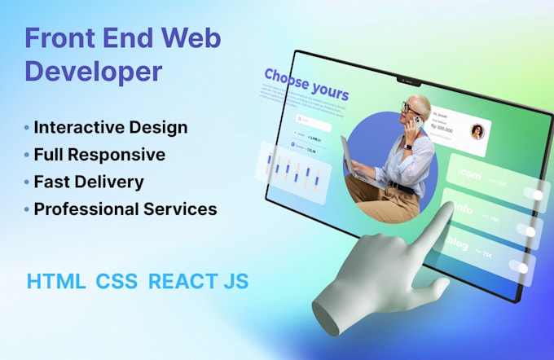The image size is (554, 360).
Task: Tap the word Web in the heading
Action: pos(188,38)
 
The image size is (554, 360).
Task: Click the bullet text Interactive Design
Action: pos(111,128)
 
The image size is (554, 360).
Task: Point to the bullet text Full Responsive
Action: pos(99,155)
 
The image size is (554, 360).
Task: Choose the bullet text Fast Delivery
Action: pos(89,182)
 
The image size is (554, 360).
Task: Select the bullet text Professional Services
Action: pos(125,209)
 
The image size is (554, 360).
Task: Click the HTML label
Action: pos(55,282)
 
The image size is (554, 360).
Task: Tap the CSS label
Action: pos(117,282)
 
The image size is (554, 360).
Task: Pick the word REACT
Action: pos(182,282)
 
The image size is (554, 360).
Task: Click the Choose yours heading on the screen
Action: pos(306,85)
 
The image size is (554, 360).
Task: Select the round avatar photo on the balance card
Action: pos(477,132)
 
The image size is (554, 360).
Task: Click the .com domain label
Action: pos(469,175)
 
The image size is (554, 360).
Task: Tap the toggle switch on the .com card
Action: pos(533,193)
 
